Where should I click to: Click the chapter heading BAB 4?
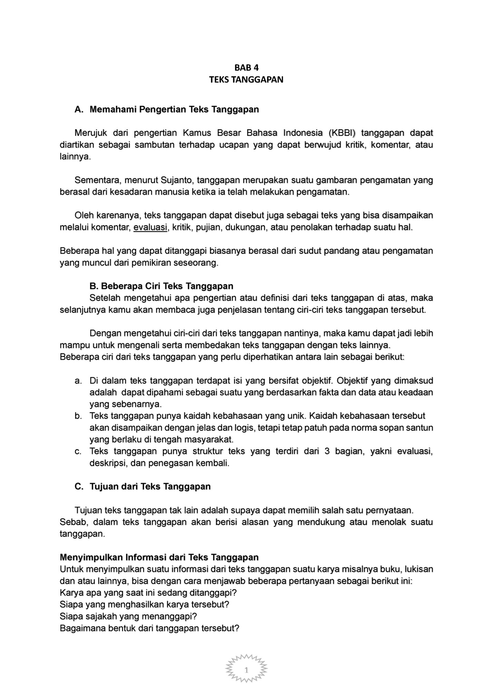tap(246, 68)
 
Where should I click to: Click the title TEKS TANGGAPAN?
tap(246, 80)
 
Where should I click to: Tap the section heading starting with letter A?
tap(167, 110)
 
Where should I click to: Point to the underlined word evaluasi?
tap(150, 227)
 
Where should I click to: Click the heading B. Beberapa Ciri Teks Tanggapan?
tap(161, 286)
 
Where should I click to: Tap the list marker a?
tap(78, 381)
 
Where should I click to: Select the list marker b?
tap(78, 416)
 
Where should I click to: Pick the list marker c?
tap(78, 451)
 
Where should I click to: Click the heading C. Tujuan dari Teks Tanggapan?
tap(143, 487)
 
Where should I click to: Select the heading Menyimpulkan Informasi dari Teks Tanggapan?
tap(159, 557)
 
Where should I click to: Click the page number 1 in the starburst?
tap(246, 670)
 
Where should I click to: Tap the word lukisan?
tap(419, 569)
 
